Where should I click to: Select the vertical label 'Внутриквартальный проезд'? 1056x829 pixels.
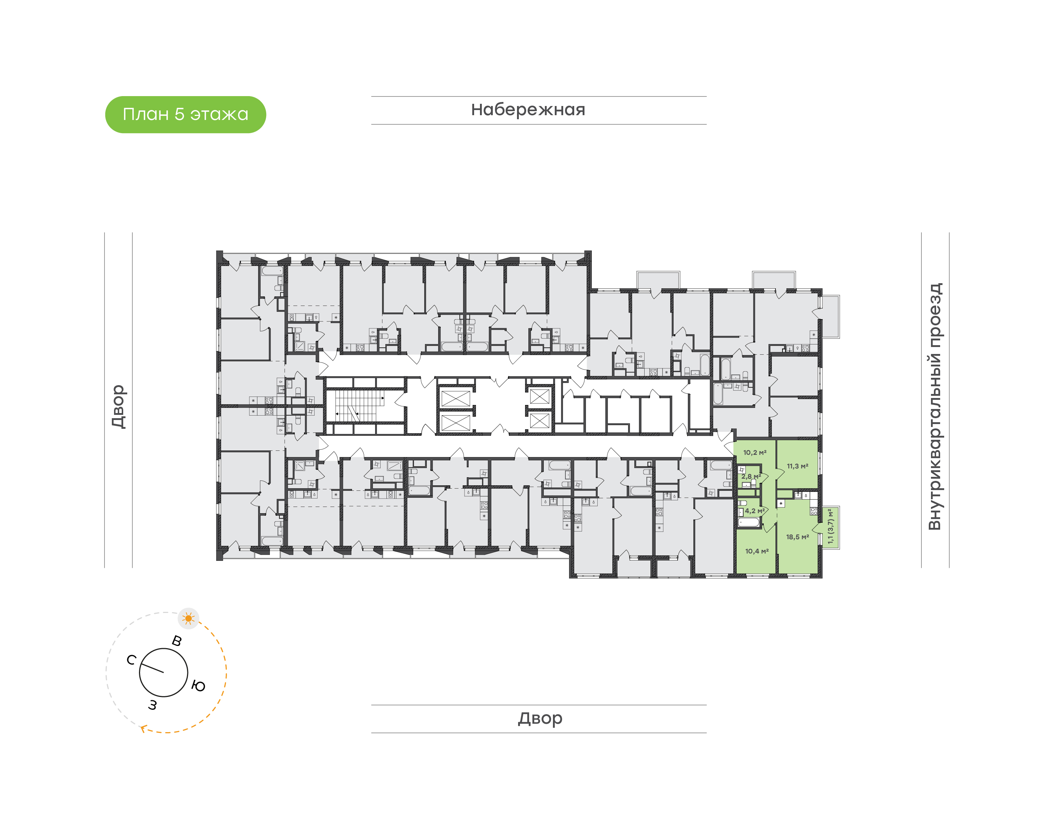934,406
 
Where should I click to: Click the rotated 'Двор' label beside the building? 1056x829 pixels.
118,406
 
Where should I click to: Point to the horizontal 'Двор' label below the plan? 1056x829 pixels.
540,718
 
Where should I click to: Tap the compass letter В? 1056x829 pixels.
177,641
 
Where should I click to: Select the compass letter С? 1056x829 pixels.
131,660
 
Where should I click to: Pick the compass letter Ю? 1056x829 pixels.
198,686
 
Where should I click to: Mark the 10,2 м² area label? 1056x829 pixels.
755,452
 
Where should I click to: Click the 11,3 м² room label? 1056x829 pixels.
797,466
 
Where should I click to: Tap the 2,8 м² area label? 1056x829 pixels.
751,476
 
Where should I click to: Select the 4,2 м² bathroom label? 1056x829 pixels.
755,511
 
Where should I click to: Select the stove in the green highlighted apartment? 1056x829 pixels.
814,511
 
